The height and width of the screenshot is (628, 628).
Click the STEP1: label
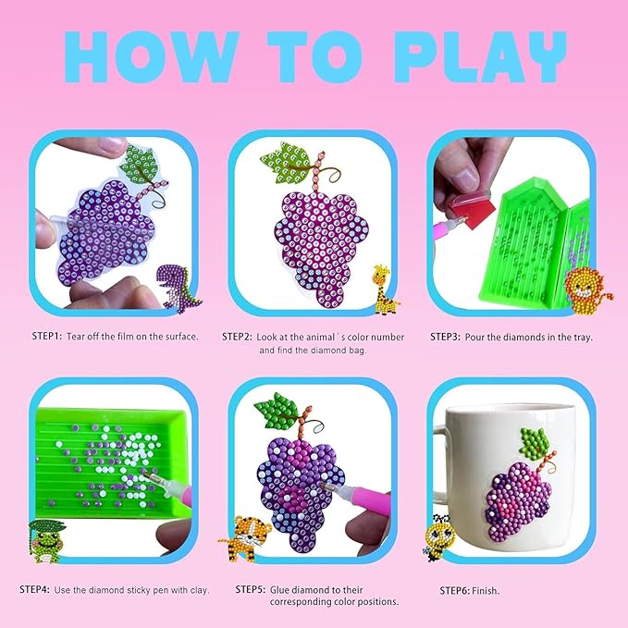point(47,336)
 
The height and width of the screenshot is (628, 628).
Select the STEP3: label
point(445,337)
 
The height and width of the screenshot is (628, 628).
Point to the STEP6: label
point(454,590)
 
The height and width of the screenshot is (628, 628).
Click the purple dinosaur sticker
point(179,289)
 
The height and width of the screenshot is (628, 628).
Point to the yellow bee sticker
point(438,536)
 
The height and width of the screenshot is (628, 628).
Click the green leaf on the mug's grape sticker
point(534,443)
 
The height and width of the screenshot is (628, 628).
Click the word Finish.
point(486,591)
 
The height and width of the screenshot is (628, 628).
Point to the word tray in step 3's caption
point(583,338)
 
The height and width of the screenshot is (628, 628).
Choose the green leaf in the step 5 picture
point(277,410)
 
